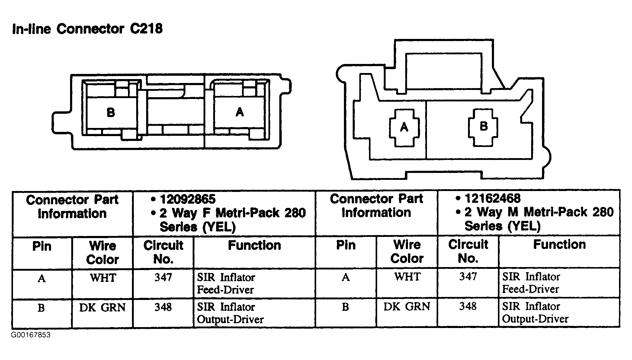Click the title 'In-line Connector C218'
click(87, 29)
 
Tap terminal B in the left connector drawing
click(111, 113)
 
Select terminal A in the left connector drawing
click(240, 112)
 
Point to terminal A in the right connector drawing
click(404, 127)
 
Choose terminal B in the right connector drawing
click(483, 126)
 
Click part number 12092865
click(188, 199)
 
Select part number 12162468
click(492, 198)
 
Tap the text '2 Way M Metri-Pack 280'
click(539, 212)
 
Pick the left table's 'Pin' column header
click(42, 246)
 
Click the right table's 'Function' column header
click(560, 244)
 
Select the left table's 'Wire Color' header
click(103, 253)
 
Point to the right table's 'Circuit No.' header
click(468, 251)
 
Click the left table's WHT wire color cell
click(103, 278)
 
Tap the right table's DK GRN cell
click(407, 307)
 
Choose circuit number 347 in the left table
click(163, 277)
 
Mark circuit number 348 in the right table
click(468, 306)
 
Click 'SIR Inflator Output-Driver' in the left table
click(230, 313)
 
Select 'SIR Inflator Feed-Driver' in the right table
click(531, 283)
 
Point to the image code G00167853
click(31, 335)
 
